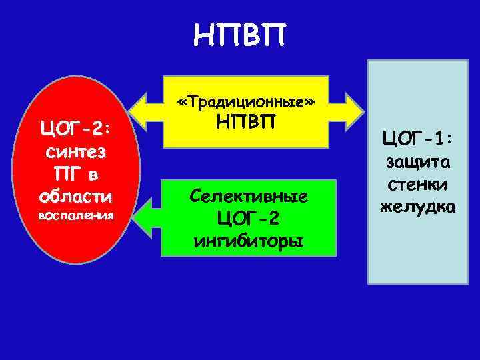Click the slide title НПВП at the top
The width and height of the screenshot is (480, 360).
(239, 33)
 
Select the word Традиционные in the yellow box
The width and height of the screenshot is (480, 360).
(245, 103)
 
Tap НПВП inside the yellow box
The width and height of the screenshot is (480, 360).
(245, 123)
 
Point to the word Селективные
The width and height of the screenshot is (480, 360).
(248, 196)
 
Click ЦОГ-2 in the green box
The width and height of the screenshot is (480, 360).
(248, 217)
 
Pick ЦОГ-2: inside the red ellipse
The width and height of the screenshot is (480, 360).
(75, 127)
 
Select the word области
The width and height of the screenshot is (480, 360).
(75, 197)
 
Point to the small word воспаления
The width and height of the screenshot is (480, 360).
(75, 216)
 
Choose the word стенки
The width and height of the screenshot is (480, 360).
(418, 185)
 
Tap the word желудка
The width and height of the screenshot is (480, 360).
(418, 207)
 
